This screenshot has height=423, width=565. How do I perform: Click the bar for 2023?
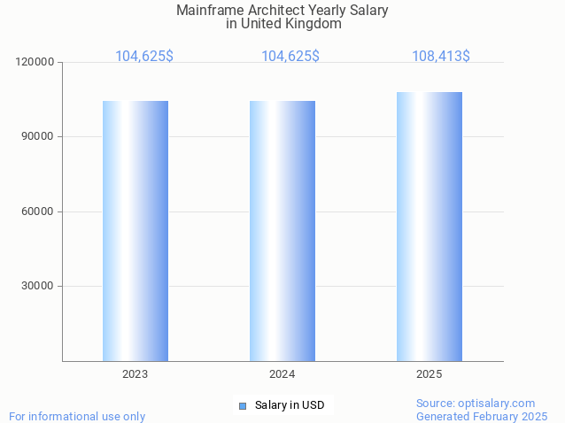(135, 230)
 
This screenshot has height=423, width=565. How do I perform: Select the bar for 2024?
(282, 230)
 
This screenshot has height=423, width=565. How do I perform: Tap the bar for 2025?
(429, 227)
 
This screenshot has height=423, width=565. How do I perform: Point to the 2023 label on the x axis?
(135, 374)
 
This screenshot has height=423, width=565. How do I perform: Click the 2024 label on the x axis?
(282, 374)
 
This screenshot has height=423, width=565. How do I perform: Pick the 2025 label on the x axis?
(429, 374)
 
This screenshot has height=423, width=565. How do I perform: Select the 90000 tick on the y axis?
(38, 136)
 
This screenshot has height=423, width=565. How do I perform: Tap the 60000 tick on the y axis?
(38, 211)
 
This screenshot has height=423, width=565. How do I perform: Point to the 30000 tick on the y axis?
(38, 286)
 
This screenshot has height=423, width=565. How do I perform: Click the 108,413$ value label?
(440, 56)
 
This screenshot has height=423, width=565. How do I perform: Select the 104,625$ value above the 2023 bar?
(143, 56)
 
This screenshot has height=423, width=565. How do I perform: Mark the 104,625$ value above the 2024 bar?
(290, 56)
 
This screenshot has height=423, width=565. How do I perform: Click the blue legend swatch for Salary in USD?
(242, 405)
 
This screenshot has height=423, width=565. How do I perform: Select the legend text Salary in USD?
(290, 405)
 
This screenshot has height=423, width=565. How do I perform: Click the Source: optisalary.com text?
(476, 403)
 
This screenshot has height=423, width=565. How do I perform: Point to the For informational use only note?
(77, 416)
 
